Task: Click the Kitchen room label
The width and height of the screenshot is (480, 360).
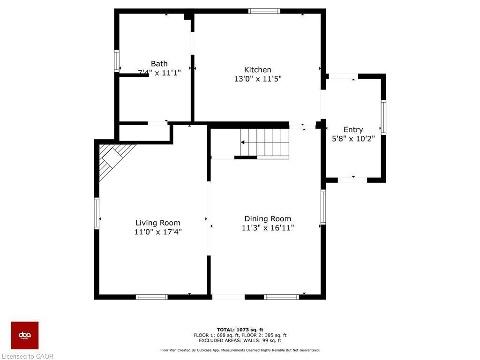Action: (257, 70)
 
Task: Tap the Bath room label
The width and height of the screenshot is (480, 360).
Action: (159, 64)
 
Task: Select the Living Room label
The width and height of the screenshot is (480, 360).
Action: (158, 223)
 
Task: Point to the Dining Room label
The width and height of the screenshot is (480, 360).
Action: (268, 219)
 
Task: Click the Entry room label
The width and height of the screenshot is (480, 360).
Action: (353, 130)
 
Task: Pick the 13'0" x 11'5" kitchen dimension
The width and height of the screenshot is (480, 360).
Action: (257, 79)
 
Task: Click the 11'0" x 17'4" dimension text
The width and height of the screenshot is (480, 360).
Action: (158, 232)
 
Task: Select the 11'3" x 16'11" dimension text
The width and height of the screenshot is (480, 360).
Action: (268, 228)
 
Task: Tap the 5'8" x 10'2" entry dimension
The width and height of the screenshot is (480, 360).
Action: (353, 139)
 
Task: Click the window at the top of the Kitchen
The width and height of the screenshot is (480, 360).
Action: (264, 11)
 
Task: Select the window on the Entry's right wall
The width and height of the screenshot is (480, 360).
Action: (383, 117)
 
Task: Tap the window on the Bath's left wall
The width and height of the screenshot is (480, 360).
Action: (117, 61)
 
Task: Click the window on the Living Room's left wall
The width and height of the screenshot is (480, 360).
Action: (97, 213)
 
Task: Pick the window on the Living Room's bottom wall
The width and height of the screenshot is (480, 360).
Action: (151, 297)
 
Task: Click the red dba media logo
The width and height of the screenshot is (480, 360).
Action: (25, 335)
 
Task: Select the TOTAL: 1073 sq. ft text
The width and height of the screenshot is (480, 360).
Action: (240, 330)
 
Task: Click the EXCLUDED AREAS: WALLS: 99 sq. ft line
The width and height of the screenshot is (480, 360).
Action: (240, 341)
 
